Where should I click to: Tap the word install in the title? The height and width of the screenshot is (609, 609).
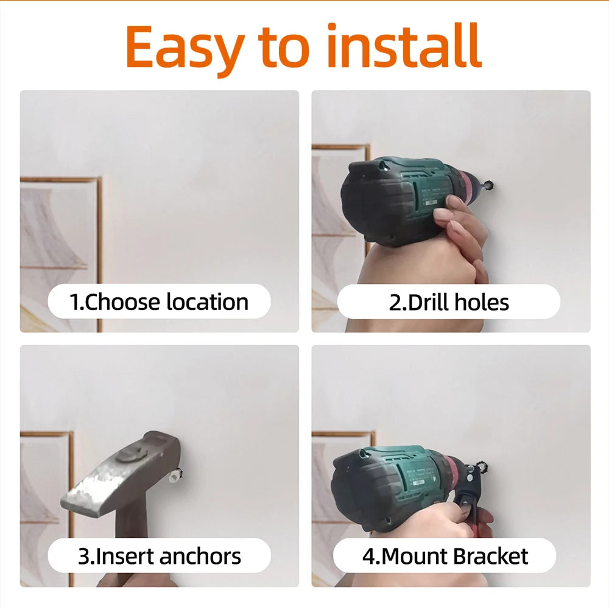(404, 46)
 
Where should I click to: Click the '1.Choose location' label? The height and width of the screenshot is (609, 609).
(159, 302)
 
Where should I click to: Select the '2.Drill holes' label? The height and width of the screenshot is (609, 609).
(449, 303)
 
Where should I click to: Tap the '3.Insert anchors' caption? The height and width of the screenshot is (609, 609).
(159, 556)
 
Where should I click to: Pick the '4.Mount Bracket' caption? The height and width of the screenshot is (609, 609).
(445, 556)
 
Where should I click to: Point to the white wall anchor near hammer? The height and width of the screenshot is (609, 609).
(175, 474)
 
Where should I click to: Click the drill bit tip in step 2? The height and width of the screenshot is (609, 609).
(488, 185)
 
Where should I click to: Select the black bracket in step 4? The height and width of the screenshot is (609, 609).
(466, 490)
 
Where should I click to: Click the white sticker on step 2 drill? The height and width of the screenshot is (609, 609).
(431, 203)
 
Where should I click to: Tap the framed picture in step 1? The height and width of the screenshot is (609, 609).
(60, 255)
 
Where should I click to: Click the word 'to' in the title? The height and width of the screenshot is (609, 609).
(284, 48)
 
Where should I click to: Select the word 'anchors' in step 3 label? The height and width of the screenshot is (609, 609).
(200, 556)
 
